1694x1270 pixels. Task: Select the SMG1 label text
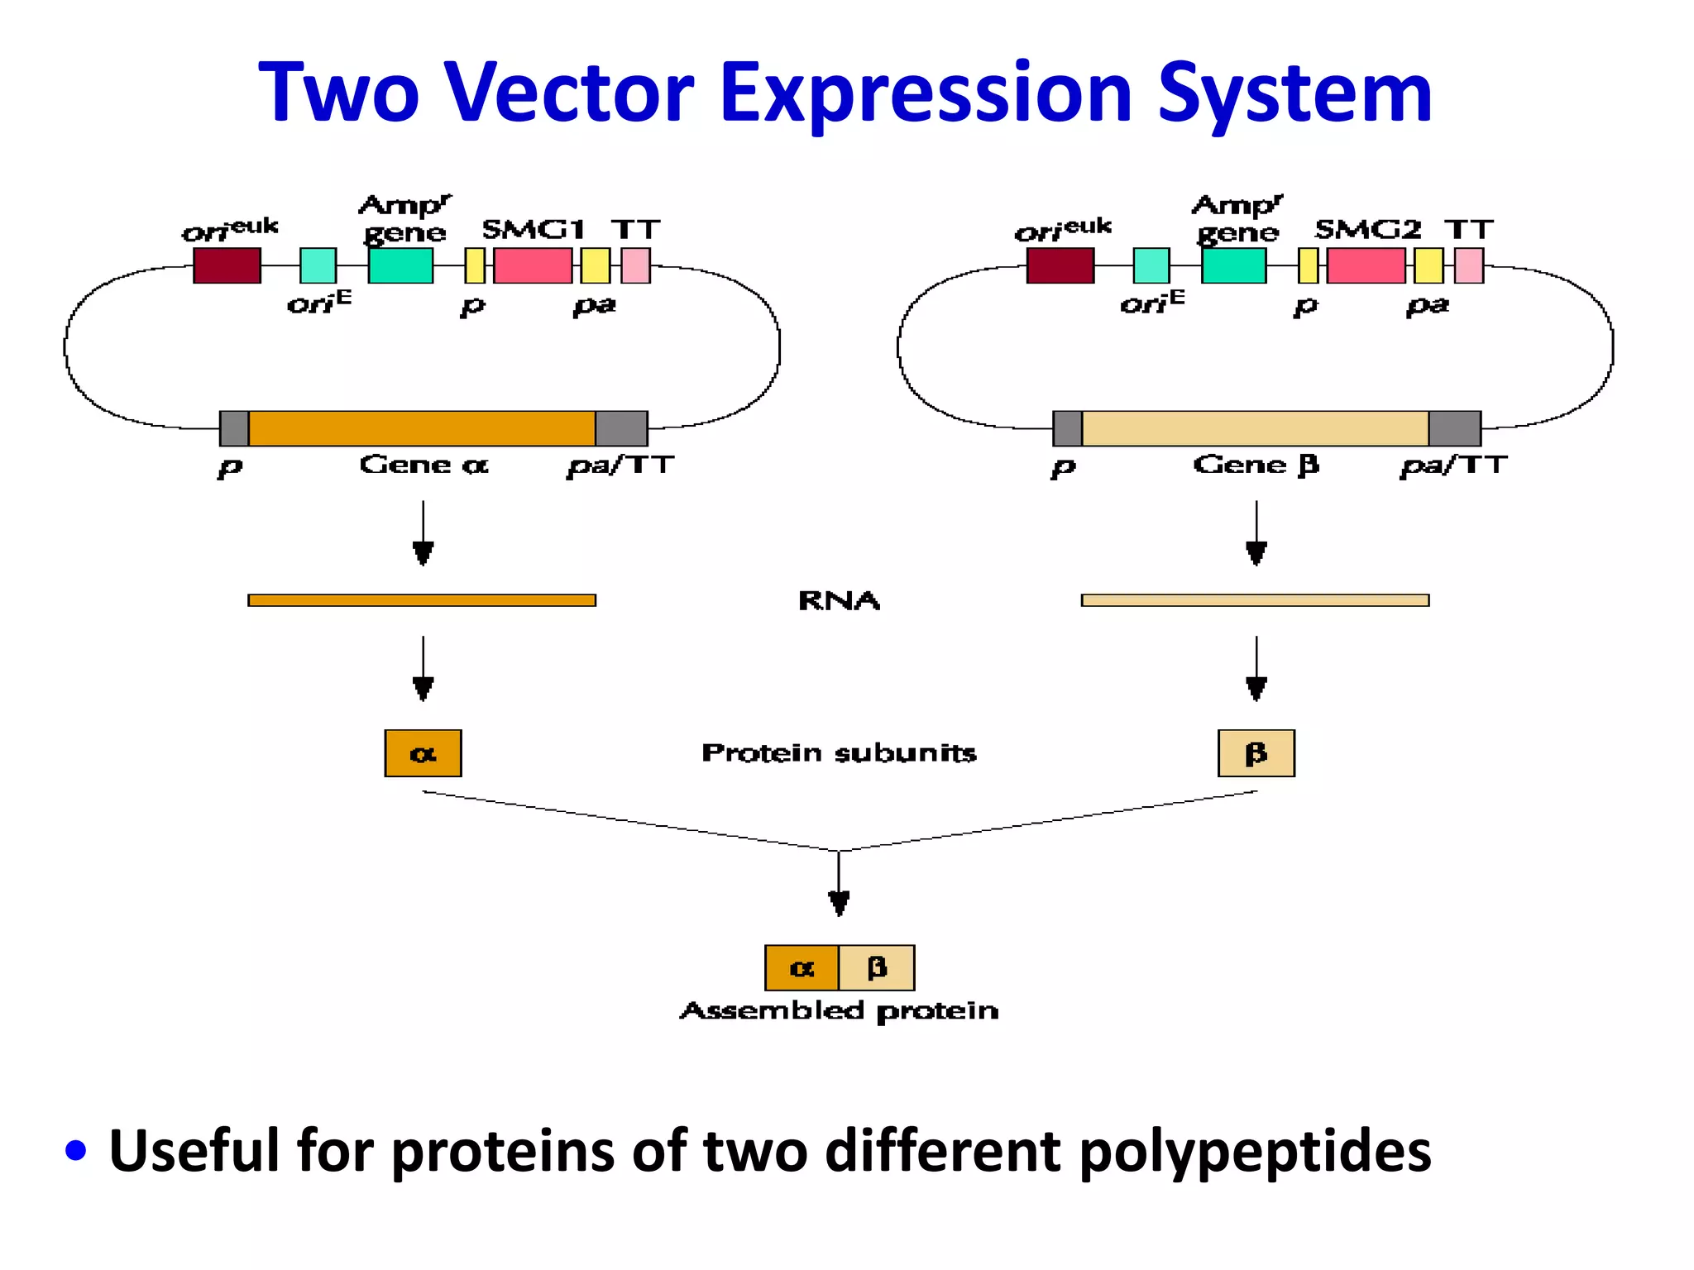534,229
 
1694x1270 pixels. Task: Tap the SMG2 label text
1366,229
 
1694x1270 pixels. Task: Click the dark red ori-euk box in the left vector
227,265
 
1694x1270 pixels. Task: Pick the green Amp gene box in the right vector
1233,265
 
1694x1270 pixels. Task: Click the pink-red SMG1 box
533,265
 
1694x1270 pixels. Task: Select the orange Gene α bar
422,428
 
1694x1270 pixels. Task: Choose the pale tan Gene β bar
1255,428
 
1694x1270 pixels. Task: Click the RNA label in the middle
839,600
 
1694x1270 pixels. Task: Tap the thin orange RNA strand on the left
422,600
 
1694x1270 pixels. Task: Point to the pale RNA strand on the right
1255,600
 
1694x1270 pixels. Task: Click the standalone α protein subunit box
423,753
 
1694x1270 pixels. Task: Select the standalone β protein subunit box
1256,753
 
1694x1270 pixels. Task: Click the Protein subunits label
839,753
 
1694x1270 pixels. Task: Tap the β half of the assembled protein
877,967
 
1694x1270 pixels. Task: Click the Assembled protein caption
839,1010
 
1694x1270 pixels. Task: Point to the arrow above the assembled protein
839,885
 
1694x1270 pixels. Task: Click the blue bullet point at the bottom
75,1150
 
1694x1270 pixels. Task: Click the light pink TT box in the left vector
635,265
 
